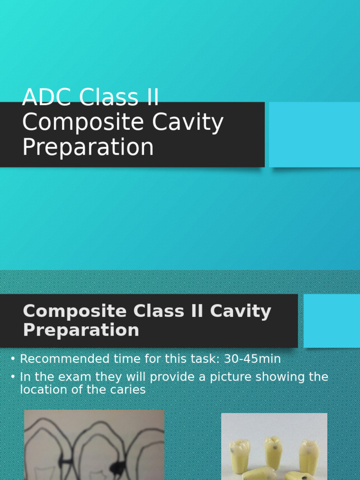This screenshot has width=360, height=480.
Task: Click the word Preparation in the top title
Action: (x=88, y=147)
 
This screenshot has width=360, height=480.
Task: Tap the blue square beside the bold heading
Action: (x=332, y=321)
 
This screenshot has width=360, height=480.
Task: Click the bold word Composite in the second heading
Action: (x=74, y=311)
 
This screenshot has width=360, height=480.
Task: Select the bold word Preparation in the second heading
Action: (x=81, y=330)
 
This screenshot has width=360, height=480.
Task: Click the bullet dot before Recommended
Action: (x=13, y=360)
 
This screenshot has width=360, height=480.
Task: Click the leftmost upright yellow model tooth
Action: (x=240, y=456)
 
